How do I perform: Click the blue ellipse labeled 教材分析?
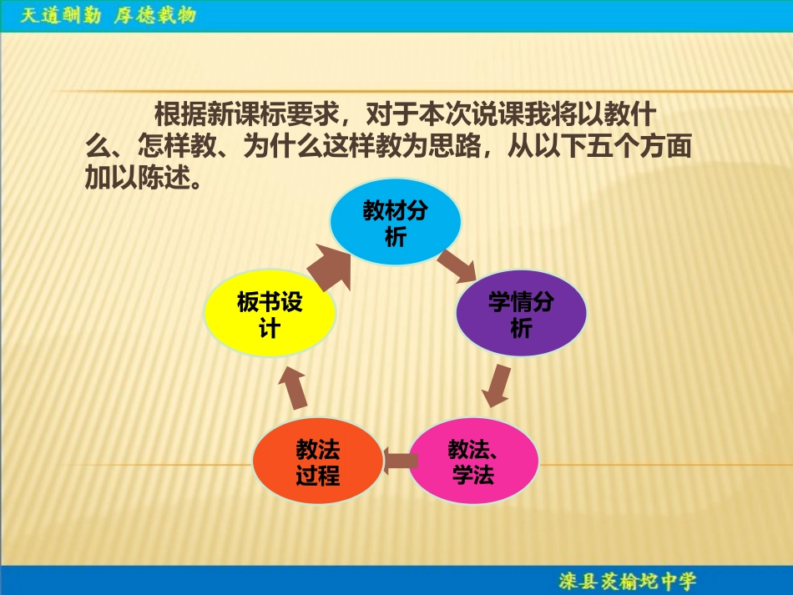click(396, 224)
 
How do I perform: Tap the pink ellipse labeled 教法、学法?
click(472, 461)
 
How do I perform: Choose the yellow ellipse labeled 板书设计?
click(270, 315)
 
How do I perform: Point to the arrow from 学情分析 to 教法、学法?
click(498, 385)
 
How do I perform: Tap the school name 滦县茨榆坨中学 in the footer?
click(627, 580)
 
